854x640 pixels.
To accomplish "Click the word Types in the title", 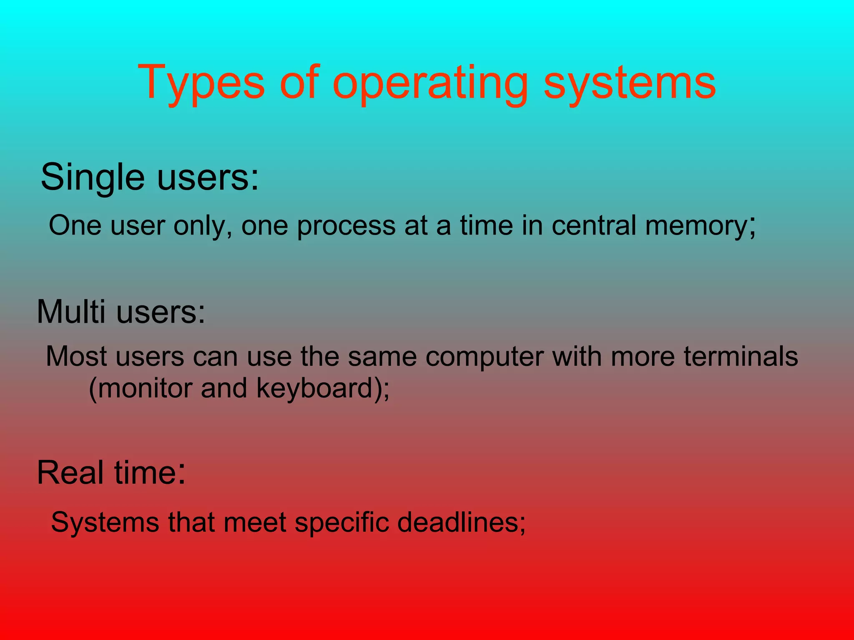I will click(x=201, y=83).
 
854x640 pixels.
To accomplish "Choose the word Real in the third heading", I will click(x=70, y=472).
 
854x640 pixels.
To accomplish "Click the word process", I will click(x=346, y=226).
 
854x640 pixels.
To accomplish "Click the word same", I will click(x=382, y=357).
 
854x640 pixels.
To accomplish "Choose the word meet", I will click(x=255, y=522).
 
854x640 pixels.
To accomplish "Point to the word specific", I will click(x=342, y=522).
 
